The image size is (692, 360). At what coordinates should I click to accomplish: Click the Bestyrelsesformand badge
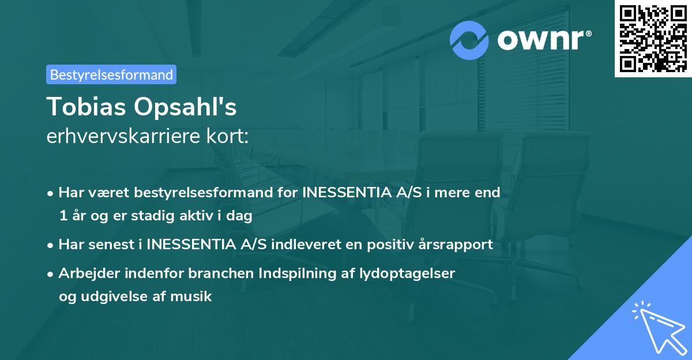[x=111, y=74]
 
